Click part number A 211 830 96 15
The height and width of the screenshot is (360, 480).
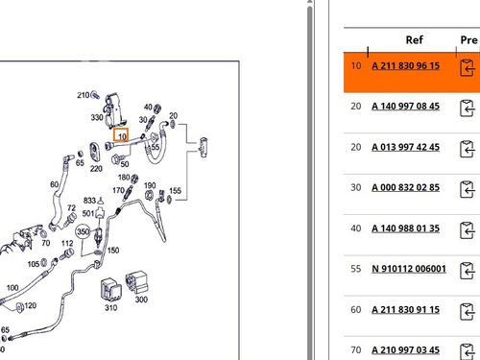click(x=405, y=66)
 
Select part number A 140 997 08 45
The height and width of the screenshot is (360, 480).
click(x=405, y=107)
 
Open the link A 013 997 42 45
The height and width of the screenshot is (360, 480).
click(x=405, y=147)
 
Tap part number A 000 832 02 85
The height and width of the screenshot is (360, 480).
click(x=405, y=187)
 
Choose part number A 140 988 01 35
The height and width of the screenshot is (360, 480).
click(x=405, y=228)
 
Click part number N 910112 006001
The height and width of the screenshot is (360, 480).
click(x=409, y=269)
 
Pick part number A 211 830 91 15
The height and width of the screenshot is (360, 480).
click(x=405, y=310)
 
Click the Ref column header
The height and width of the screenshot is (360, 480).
click(x=415, y=40)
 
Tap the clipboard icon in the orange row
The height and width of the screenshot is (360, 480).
click(x=468, y=68)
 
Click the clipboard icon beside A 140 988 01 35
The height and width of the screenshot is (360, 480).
click(x=468, y=230)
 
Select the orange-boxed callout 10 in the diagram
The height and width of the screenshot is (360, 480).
click(x=121, y=135)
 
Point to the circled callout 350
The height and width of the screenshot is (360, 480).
click(x=83, y=231)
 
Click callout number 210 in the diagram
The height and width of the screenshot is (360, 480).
click(x=84, y=95)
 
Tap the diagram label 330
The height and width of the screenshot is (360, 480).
click(x=97, y=117)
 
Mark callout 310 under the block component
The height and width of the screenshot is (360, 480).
click(x=110, y=307)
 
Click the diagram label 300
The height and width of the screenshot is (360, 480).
click(x=141, y=300)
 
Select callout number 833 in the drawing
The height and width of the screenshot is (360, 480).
click(x=89, y=201)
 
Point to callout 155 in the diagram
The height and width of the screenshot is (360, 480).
click(x=175, y=191)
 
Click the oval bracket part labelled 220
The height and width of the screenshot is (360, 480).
click(x=95, y=152)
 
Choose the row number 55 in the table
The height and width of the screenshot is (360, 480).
click(x=356, y=269)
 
